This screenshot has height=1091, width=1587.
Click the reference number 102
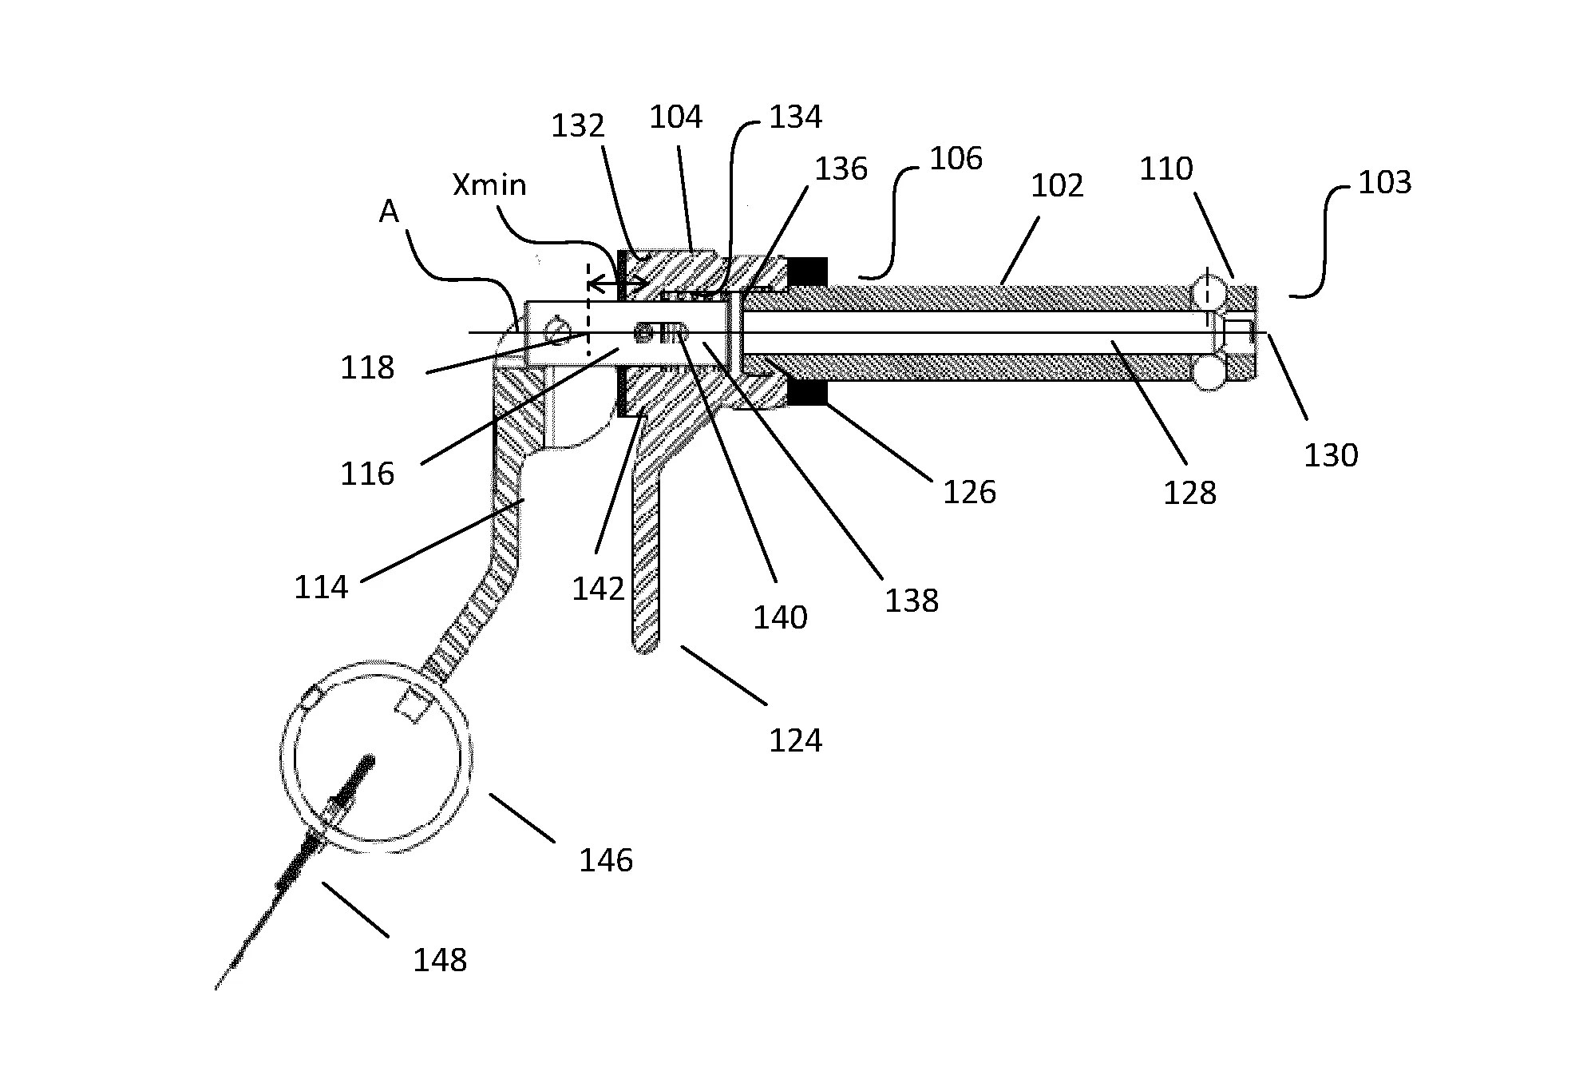click(1058, 186)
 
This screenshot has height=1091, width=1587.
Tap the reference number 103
click(1385, 183)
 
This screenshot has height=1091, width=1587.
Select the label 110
click(1166, 169)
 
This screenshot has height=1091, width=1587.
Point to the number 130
click(1331, 455)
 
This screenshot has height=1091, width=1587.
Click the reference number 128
click(1189, 493)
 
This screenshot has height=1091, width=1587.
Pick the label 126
click(970, 492)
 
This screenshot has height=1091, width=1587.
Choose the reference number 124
click(795, 740)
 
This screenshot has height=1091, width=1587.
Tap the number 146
click(606, 860)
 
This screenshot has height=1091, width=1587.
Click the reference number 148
click(440, 959)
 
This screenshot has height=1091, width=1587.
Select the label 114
click(322, 587)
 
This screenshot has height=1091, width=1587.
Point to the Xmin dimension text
click(489, 185)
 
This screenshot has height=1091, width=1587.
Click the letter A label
click(389, 212)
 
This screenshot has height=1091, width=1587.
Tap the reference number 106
click(956, 159)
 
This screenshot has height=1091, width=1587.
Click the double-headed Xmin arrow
click(618, 284)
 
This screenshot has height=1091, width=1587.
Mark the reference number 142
click(598, 589)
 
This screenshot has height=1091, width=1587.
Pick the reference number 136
click(841, 169)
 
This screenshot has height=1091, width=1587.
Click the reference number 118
click(367, 367)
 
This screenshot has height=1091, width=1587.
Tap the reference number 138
click(912, 601)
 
